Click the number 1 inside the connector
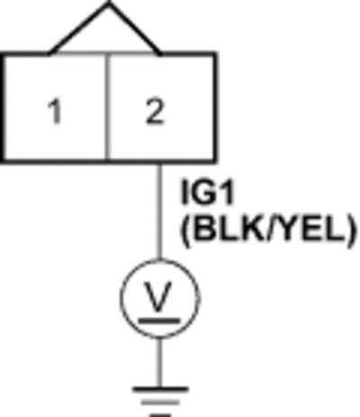55,112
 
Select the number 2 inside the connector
155,112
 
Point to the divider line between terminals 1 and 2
107,107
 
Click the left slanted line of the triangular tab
79,29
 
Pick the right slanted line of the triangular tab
135,29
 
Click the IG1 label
207,192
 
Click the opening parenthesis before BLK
185,231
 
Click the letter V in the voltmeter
158,295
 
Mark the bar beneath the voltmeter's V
159,321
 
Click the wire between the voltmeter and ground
159,362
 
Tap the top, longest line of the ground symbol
160,390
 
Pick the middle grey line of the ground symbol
160,403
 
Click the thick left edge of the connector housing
3,107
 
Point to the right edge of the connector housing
215,107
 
